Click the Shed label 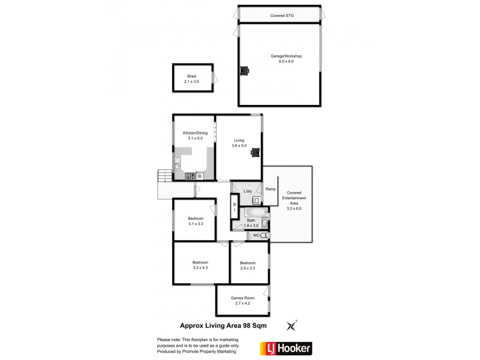[191, 76]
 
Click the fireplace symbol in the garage [244, 71]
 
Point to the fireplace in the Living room [256, 152]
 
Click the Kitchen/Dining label [193, 133]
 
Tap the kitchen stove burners [190, 176]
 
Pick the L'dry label [247, 191]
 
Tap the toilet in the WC [264, 236]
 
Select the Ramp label [271, 190]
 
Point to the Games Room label [243, 298]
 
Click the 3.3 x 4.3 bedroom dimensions [200, 268]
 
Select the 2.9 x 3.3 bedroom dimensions [248, 268]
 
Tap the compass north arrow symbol [292, 326]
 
